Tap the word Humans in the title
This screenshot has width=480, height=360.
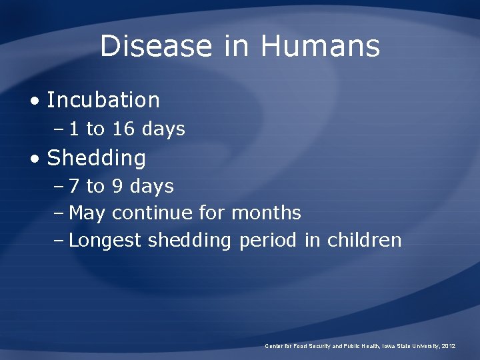point(320,47)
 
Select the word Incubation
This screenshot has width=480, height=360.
point(103,100)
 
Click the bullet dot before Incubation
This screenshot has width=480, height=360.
point(35,101)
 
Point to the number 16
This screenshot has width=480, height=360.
point(123,129)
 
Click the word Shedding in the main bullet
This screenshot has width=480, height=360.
point(97,159)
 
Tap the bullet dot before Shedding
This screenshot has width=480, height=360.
point(35,159)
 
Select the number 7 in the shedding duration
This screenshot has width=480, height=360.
point(74,187)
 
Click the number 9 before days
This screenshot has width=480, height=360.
point(117,187)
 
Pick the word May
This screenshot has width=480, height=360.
point(87,214)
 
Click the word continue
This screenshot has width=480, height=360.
point(153,213)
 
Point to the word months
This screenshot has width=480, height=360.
point(266,213)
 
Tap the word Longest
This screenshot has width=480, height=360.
point(105,241)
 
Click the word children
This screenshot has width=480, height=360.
point(364,240)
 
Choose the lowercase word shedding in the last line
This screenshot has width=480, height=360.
point(189,241)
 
